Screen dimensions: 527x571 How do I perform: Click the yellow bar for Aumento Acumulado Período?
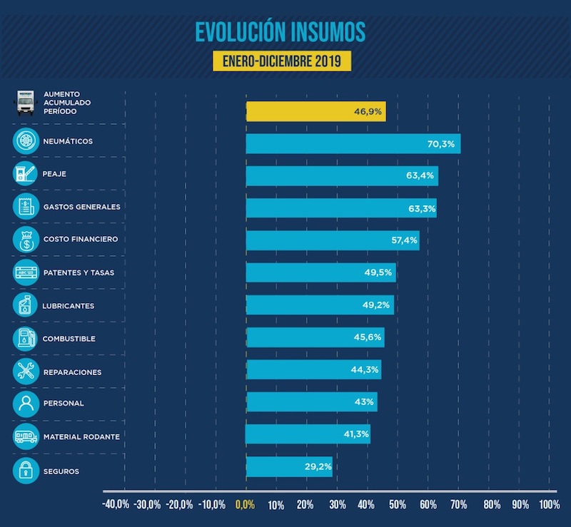315,111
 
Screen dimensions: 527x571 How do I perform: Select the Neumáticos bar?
353,143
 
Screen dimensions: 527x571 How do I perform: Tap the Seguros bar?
288,467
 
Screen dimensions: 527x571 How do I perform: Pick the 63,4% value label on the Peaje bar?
420,175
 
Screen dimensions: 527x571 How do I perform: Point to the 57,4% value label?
404,240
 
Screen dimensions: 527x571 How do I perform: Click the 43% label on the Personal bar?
364,401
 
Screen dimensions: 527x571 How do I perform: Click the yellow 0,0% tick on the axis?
244,505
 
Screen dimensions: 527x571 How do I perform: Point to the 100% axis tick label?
549,505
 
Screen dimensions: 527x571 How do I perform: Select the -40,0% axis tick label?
116,505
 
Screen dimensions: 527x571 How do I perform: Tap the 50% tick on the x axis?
397,505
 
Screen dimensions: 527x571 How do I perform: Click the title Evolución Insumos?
281,32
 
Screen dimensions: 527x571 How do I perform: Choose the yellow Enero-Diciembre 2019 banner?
282,61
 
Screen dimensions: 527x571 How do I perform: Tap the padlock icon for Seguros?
26,470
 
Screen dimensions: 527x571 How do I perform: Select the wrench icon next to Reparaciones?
26,371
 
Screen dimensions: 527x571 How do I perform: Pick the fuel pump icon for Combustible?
26,338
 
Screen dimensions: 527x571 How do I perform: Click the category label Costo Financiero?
81,240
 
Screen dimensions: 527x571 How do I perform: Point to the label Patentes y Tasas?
79,272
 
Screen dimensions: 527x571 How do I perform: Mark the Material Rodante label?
81,436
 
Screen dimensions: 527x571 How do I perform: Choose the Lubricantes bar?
319,305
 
